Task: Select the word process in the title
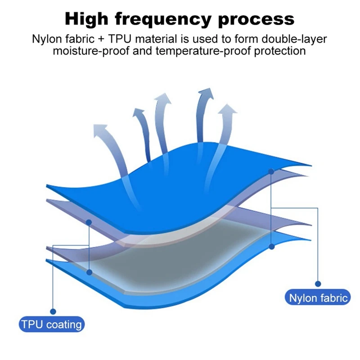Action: [x=259, y=20]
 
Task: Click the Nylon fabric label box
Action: [x=318, y=297]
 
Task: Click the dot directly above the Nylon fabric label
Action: [x=318, y=284]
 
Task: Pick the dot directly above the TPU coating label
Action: [x=53, y=310]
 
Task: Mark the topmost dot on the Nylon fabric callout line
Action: [x=271, y=171]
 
